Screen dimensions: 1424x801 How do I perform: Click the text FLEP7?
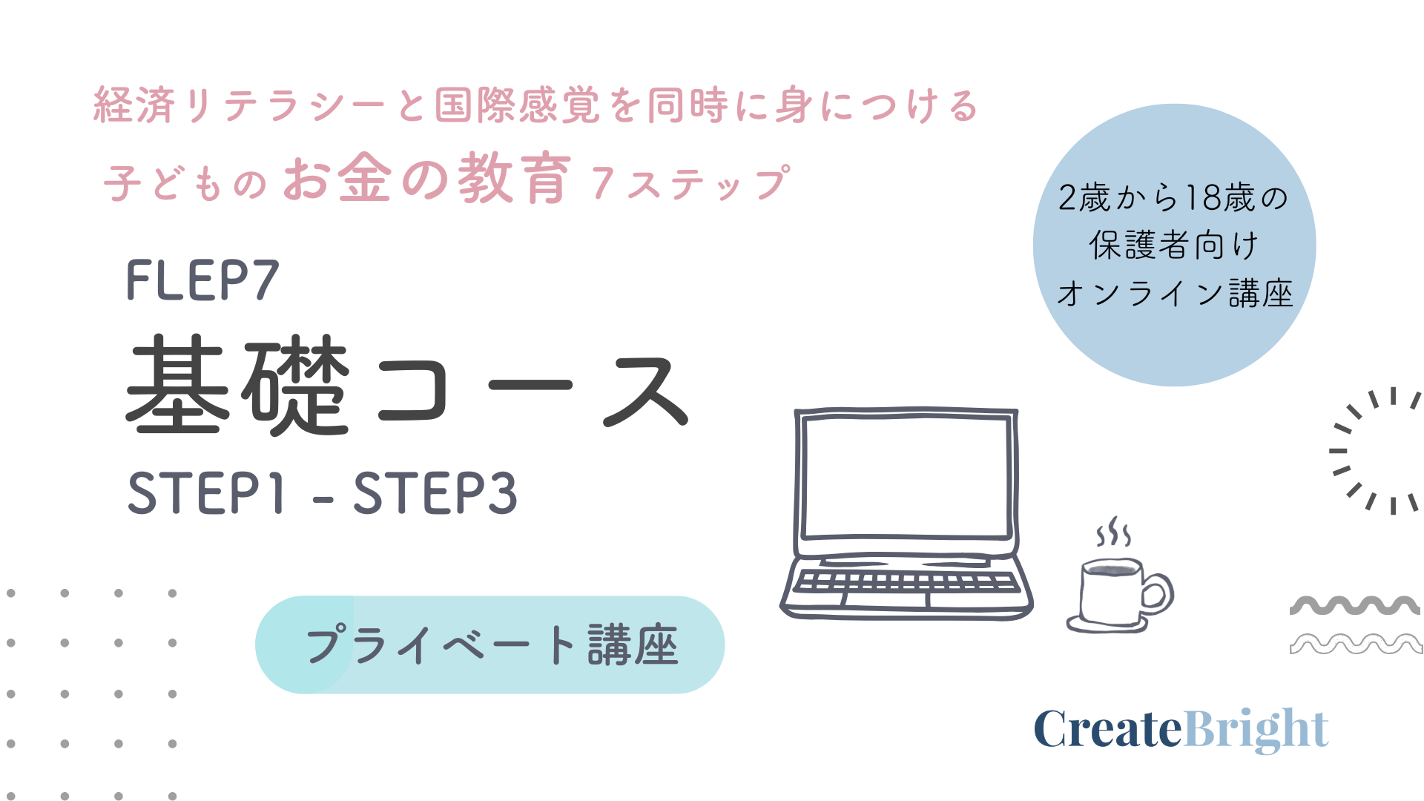pos(202,280)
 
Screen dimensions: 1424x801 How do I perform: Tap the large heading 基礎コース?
pos(408,386)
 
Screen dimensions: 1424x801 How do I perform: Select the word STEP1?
pos(206,492)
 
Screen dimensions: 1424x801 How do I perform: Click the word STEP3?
pos(435,492)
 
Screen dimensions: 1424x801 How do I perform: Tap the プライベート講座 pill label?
pos(490,645)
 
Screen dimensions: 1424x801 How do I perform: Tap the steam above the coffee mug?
pos(1113,532)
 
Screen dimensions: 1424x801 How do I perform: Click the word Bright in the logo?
pos(1256,730)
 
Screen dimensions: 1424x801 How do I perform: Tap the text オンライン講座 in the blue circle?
pos(1175,294)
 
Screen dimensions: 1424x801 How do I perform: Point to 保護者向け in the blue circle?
pos(1174,245)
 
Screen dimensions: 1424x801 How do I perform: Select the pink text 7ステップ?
pos(690,182)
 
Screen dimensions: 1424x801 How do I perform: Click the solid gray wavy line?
pos(1355,604)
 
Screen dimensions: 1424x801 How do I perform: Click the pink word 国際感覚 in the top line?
pos(518,105)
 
